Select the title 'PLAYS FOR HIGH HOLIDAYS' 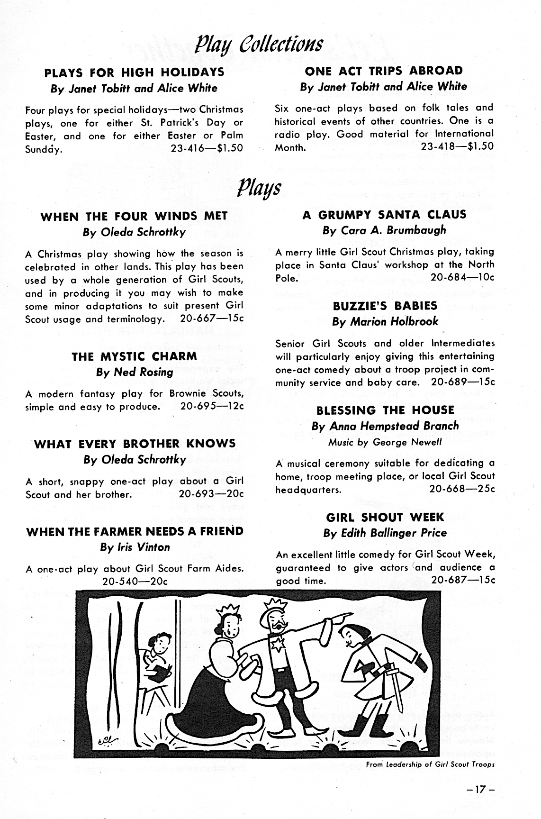click(134, 73)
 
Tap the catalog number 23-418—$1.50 click(457, 146)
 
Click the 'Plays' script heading click(260, 189)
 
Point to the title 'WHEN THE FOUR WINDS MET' click(134, 217)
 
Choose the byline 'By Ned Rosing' click(135, 372)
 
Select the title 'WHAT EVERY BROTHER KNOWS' click(135, 444)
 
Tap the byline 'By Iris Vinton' click(135, 547)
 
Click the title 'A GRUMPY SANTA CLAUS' click(384, 215)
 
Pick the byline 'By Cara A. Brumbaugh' click(384, 230)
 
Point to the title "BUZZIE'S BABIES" click(385, 306)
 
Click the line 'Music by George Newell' click(385, 442)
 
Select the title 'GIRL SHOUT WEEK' click(385, 517)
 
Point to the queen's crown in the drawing click(226, 612)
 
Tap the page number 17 click(479, 790)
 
